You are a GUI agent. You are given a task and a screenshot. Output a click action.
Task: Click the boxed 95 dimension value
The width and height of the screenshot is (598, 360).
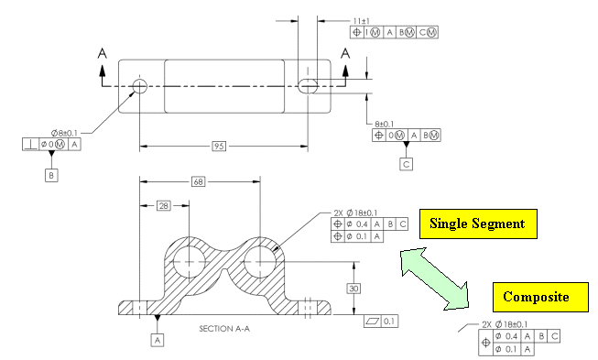pyautogui.click(x=219, y=146)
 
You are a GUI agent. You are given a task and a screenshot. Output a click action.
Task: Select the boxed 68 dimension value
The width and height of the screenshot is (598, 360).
pyautogui.click(x=199, y=182)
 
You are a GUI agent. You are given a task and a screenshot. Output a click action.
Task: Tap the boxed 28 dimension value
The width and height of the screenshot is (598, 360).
pyautogui.click(x=164, y=206)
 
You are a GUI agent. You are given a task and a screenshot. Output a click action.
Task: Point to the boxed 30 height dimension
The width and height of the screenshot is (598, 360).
pyautogui.click(x=353, y=289)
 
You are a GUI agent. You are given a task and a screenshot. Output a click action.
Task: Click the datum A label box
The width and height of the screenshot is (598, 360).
pyautogui.click(x=158, y=340)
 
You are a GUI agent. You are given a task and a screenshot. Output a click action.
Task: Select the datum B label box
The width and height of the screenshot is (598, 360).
pyautogui.click(x=51, y=176)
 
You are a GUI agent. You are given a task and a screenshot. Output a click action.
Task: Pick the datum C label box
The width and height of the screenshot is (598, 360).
pyautogui.click(x=407, y=164)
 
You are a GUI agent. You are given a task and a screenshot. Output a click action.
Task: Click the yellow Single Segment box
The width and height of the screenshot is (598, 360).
pyautogui.click(x=478, y=224)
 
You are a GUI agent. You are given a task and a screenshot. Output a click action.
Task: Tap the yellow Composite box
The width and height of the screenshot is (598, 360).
pyautogui.click(x=540, y=297)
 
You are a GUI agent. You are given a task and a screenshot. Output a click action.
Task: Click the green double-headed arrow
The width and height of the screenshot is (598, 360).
pyautogui.click(x=434, y=278)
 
